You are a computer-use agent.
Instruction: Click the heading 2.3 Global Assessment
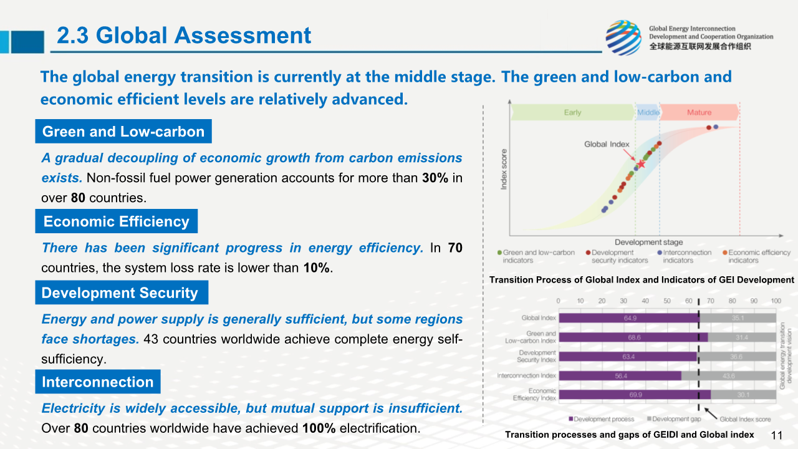(184, 36)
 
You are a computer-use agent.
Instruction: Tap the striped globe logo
(623, 37)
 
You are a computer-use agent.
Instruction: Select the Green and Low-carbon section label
(123, 132)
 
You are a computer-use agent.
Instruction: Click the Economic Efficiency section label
(116, 221)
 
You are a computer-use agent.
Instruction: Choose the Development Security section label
(120, 293)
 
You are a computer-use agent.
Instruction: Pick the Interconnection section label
(97, 382)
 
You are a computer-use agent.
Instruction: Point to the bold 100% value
(319, 428)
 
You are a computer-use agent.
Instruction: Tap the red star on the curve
(641, 163)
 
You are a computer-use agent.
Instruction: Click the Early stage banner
(572, 113)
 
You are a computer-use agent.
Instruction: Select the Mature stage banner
(699, 113)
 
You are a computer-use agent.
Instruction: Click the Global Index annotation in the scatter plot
(607, 144)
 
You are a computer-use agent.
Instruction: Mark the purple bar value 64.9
(630, 318)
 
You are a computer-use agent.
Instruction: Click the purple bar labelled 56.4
(620, 375)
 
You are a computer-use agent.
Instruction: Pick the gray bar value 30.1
(744, 395)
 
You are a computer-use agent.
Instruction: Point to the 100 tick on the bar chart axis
(776, 301)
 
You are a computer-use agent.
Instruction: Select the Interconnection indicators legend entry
(686, 256)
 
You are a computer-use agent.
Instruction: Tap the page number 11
(777, 435)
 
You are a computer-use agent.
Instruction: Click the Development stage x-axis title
(648, 242)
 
